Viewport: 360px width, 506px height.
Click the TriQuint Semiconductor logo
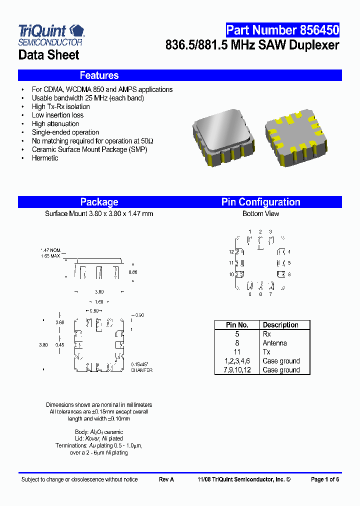pyautogui.click(x=51, y=34)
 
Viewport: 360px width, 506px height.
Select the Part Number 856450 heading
pyautogui.click(x=282, y=30)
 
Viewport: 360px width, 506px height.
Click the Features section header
pyautogui.click(x=99, y=75)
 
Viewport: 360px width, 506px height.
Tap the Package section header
pyautogui.click(x=99, y=202)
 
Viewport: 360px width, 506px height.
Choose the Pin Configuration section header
pyautogui.click(x=260, y=202)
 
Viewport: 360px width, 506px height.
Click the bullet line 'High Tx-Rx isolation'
pyautogui.click(x=61, y=106)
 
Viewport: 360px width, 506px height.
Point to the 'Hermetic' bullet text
pyautogui.click(x=45, y=158)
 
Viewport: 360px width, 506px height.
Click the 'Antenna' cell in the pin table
pyautogui.click(x=274, y=343)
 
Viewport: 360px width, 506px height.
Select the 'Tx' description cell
pyautogui.click(x=266, y=352)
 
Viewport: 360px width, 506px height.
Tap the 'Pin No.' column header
pyautogui.click(x=237, y=325)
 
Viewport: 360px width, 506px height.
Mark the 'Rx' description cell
pyautogui.click(x=266, y=334)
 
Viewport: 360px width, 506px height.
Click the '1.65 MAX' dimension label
pyautogui.click(x=50, y=255)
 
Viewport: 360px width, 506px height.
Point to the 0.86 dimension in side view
pyautogui.click(x=132, y=272)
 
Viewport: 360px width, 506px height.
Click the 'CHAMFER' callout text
pyautogui.click(x=141, y=370)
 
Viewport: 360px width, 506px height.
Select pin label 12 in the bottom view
pyautogui.click(x=231, y=252)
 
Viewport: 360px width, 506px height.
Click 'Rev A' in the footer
pyautogui.click(x=166, y=479)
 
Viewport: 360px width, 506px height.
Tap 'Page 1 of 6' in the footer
pyautogui.click(x=324, y=479)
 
